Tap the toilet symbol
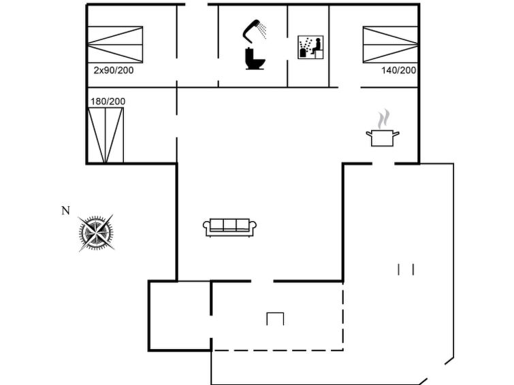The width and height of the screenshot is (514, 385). [255, 58]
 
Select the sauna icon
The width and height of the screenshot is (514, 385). [310, 47]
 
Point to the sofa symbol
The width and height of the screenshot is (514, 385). [229, 227]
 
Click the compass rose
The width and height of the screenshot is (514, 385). [96, 233]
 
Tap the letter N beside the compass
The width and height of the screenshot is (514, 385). [65, 211]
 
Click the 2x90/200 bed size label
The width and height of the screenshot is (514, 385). [114, 71]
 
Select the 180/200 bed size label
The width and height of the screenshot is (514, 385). [108, 101]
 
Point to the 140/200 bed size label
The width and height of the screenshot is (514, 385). [399, 70]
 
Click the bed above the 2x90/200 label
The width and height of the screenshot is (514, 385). [115, 45]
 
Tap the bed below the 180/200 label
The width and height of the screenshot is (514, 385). [106, 135]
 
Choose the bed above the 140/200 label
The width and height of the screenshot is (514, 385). [390, 45]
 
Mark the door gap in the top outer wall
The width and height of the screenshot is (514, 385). [196, 5]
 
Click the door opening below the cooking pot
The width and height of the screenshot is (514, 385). [383, 163]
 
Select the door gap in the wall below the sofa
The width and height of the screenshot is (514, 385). [262, 281]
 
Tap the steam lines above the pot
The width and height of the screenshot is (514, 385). [383, 118]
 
